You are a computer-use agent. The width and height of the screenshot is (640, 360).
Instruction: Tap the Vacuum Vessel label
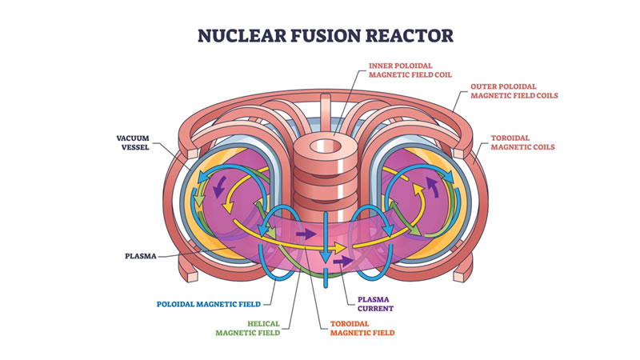click(133, 142)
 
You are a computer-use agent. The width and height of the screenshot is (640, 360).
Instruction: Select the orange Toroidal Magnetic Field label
click(362, 328)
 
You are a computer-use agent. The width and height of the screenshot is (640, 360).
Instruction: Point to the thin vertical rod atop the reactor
click(324, 112)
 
